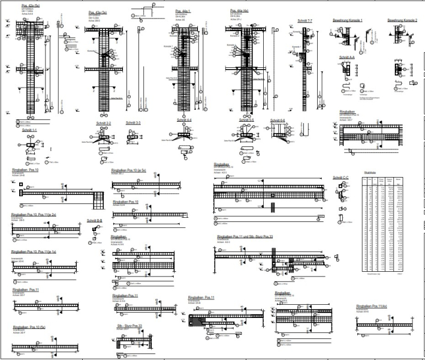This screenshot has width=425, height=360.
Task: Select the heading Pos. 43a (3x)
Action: click(98, 12)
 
